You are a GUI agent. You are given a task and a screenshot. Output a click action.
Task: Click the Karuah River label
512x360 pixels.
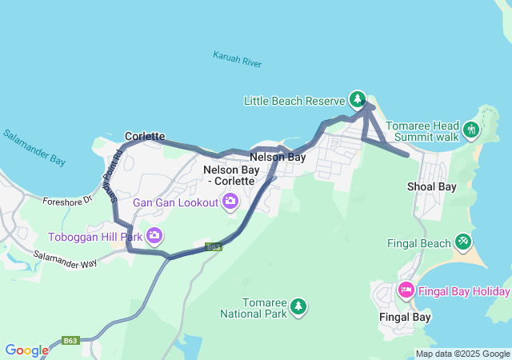[238, 58]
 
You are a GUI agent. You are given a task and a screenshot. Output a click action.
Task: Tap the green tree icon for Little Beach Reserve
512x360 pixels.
[358, 100]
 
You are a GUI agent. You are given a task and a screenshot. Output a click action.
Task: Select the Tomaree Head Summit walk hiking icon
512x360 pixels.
[472, 128]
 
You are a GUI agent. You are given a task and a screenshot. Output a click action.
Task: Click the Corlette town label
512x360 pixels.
[145, 137]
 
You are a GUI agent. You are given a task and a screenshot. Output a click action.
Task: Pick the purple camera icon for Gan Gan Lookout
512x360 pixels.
[230, 202]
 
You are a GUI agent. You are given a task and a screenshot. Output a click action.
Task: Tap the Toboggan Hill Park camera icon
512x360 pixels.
[154, 236]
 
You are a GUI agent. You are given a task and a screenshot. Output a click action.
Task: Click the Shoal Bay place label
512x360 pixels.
[432, 187]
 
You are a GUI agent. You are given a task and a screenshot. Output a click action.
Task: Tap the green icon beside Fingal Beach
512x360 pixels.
[462, 242]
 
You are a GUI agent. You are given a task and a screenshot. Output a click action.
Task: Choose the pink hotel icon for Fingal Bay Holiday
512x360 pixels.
[406, 290]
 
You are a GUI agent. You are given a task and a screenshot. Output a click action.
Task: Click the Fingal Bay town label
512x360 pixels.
[405, 317]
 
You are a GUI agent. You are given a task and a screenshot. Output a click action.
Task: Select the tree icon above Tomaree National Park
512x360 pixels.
[298, 306]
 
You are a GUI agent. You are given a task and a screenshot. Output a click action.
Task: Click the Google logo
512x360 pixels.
[26, 350]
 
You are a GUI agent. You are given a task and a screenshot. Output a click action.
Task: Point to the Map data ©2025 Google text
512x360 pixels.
[462, 354]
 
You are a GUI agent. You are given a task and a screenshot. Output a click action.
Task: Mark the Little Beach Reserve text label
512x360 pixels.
[294, 101]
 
